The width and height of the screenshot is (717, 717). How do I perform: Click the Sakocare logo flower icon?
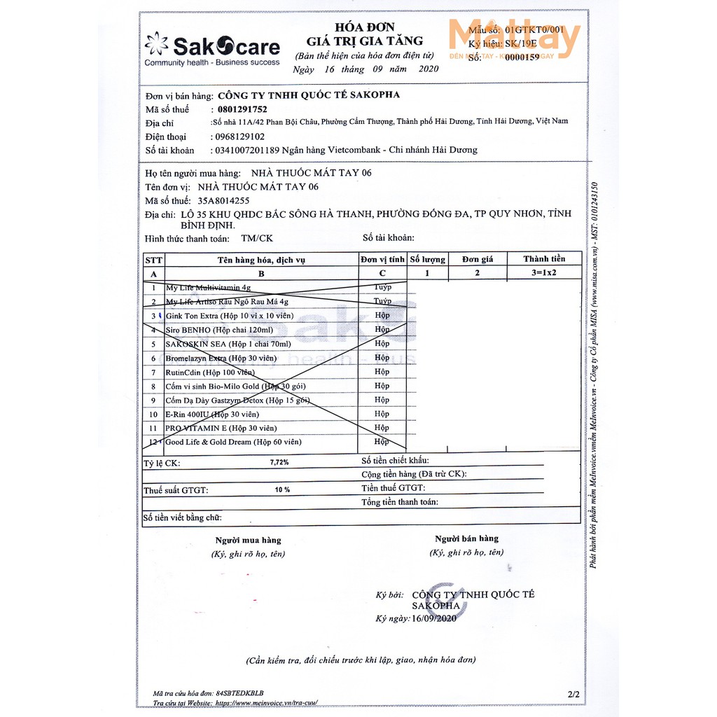coord(157,44)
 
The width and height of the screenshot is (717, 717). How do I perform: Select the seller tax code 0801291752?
coord(239,109)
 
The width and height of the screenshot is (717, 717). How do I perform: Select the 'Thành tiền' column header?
coord(543,259)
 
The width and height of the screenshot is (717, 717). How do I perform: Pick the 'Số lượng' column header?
coord(427,259)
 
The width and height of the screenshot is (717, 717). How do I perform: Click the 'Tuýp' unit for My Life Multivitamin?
coord(382,287)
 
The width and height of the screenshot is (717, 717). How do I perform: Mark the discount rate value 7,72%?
coord(279,462)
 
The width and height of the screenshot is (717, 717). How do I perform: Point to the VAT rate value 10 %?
coord(282,489)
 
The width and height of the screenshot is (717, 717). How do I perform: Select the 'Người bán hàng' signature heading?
coord(466,538)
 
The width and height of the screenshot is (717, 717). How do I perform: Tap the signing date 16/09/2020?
coord(434,618)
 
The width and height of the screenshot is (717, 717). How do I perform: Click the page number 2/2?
coord(574,694)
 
